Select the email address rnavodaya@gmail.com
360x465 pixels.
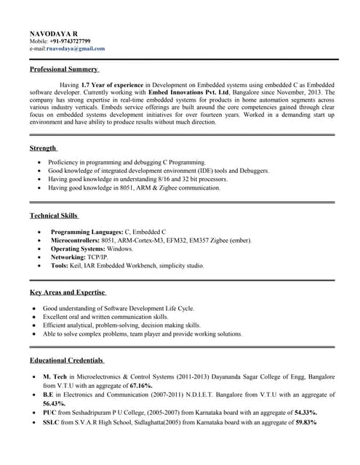[x=76, y=49]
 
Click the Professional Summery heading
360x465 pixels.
[x=64, y=69]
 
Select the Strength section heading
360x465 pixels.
[x=43, y=148]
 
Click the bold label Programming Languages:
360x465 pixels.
[x=87, y=231]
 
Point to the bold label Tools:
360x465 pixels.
[x=60, y=266]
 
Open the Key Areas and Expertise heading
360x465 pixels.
[x=68, y=292]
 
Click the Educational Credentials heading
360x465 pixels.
[x=67, y=360]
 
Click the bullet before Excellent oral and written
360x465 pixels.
[x=34, y=318]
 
